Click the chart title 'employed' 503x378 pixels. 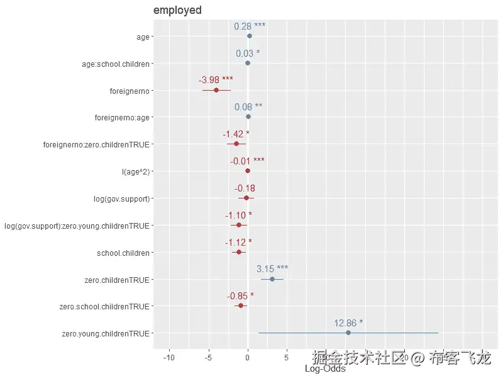tap(177, 10)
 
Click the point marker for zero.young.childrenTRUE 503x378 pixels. tap(348, 333)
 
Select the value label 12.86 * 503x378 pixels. tap(348, 323)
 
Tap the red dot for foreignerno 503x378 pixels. tap(216, 90)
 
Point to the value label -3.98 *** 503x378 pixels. tap(216, 80)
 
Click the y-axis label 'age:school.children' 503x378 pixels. tap(116, 64)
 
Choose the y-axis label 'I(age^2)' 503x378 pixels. tap(133, 171)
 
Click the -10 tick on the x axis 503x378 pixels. tap(169, 358)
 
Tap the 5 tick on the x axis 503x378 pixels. tap(287, 358)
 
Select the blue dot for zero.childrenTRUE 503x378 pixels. tap(272, 279)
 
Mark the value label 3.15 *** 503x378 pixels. tap(272, 269)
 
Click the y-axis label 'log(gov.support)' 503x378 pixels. tap(121, 198)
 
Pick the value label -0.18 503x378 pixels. tap(245, 188)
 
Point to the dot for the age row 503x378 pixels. tap(250, 36)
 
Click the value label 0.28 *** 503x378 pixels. tap(250, 26)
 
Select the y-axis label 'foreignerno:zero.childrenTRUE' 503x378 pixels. tap(96, 144)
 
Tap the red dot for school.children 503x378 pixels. tap(239, 252)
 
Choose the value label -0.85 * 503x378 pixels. tap(240, 295)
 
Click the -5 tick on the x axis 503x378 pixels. tap(208, 358)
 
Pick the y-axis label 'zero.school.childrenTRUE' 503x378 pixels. tap(104, 307)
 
